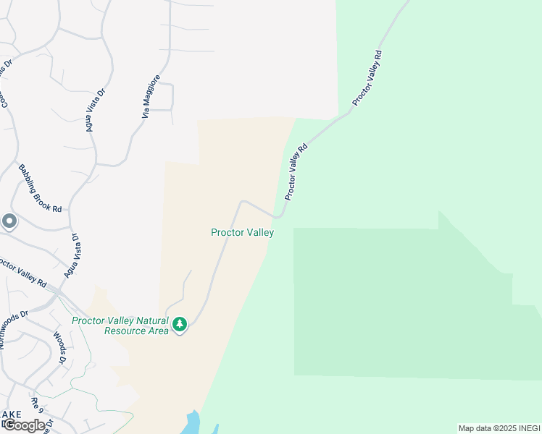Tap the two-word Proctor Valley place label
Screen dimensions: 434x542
[x=242, y=232]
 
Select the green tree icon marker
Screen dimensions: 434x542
[x=180, y=325]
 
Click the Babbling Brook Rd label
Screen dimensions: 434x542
[x=41, y=187]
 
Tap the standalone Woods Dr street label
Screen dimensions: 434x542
[x=60, y=348]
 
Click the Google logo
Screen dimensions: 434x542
[x=23, y=425]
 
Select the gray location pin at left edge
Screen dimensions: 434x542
[x=9, y=221]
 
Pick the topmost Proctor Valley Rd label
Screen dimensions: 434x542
[x=367, y=78]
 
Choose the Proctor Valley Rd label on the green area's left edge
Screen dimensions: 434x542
[x=296, y=171]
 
